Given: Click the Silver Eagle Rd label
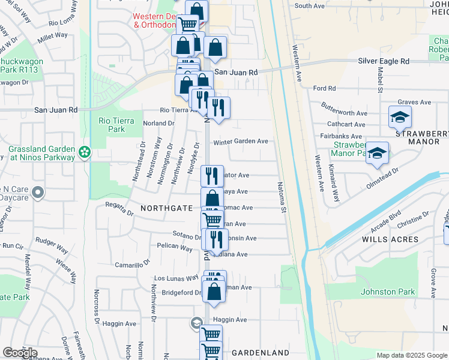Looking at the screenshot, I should point(383,61).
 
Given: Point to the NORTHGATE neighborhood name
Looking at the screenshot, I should point(166,208).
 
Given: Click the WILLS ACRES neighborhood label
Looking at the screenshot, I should point(390,239).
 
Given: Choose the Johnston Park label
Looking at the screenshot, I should point(388,292).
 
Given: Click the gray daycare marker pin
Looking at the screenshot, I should point(38,193).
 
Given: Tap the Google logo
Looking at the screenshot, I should point(20,353).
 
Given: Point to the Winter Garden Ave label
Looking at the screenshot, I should point(241,142).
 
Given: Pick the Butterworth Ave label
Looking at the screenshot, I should point(344,113).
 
